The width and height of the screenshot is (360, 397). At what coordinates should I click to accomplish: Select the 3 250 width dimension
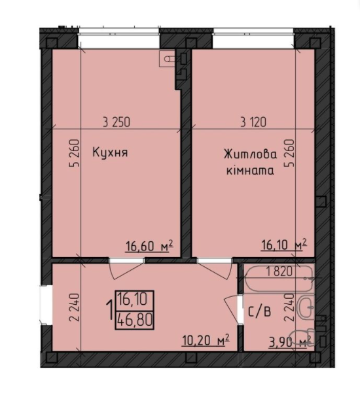point(117,121)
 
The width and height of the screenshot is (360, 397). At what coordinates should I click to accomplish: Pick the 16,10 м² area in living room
point(283,245)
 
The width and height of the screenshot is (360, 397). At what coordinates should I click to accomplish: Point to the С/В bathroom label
point(261,312)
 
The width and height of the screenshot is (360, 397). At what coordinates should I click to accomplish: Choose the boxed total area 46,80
point(135,322)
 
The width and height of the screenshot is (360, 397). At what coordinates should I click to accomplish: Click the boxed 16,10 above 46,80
point(135,302)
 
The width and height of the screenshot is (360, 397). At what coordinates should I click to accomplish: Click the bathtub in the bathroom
point(279,280)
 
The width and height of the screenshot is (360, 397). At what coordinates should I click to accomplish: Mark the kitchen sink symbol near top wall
point(170,58)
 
